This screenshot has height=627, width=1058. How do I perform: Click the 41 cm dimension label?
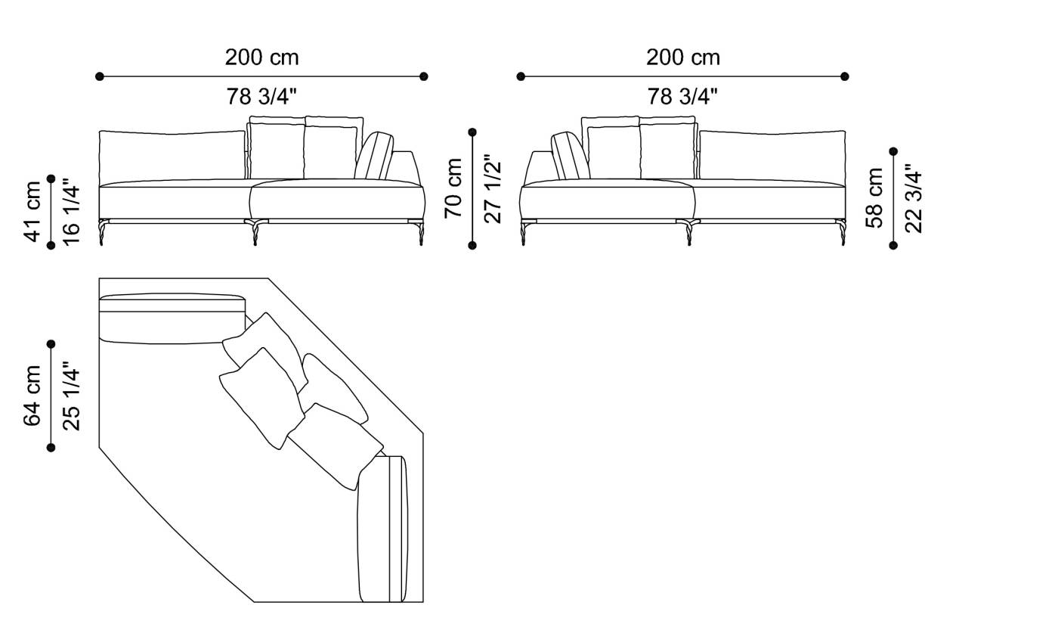(32, 211)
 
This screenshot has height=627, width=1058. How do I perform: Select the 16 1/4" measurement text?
(70, 211)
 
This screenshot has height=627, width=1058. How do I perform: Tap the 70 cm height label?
(453, 188)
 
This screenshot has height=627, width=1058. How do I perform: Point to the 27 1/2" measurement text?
(492, 188)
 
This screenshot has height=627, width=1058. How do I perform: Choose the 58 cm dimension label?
(874, 197)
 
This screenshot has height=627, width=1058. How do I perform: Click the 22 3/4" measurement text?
(913, 197)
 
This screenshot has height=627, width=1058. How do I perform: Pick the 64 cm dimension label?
(32, 396)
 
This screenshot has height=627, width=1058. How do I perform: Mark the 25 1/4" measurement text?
(70, 396)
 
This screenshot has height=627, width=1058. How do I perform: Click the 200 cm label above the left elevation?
(261, 57)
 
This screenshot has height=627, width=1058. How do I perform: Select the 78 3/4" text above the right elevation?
(682, 96)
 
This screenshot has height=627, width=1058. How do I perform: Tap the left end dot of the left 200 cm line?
(100, 76)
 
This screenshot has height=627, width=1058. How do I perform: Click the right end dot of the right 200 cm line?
(845, 76)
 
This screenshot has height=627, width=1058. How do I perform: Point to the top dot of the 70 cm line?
(473, 132)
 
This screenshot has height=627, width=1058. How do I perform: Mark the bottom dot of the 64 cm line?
(51, 448)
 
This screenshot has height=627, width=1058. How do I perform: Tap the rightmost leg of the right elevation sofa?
(840, 232)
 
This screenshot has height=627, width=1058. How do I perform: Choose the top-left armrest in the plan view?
(172, 318)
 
